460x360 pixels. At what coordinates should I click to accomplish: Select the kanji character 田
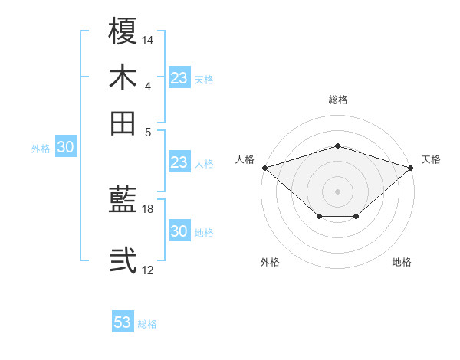(x=123, y=123)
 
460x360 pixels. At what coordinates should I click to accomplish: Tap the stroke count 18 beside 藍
(x=148, y=208)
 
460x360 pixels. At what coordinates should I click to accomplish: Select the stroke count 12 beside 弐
(x=148, y=270)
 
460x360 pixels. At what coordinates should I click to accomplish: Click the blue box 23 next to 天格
(x=179, y=78)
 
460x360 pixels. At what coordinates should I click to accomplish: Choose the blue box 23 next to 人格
(x=179, y=162)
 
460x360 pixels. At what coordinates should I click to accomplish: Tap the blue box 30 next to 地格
(x=179, y=232)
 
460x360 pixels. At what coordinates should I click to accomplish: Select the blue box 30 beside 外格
(x=65, y=148)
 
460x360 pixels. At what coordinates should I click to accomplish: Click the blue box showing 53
(x=123, y=322)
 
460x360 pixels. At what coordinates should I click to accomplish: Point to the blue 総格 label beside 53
(x=147, y=324)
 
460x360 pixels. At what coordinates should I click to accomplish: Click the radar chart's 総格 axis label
(x=338, y=100)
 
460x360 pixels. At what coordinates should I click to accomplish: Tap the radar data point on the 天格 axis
(x=411, y=167)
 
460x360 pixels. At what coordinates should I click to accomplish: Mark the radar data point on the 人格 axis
(x=264, y=167)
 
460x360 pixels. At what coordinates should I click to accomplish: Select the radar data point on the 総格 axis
(x=338, y=146)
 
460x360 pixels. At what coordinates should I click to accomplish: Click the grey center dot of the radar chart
(x=338, y=191)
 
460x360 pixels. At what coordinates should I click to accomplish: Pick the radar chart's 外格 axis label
(x=270, y=262)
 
